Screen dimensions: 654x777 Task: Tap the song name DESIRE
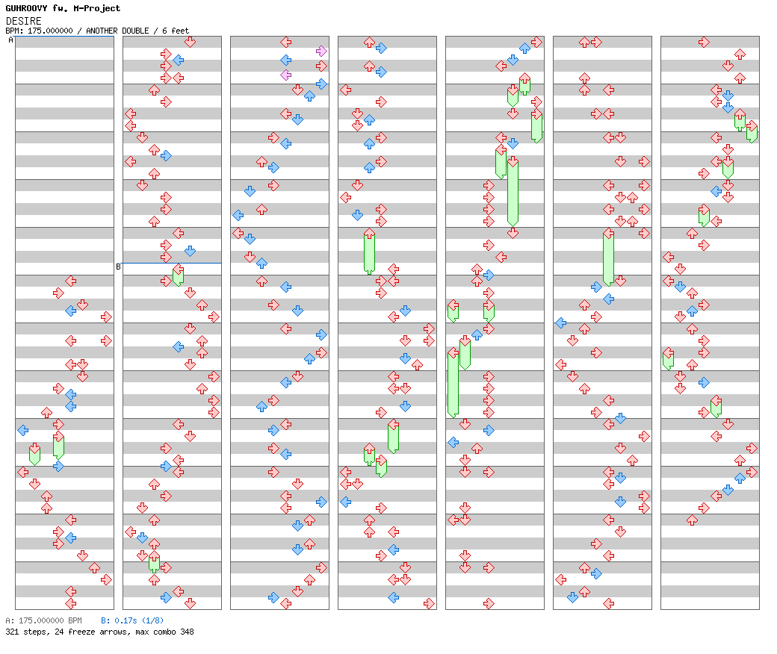[x=24, y=21]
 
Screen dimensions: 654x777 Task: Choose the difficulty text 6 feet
[x=173, y=31]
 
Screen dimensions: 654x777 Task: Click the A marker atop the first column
[x=10, y=40]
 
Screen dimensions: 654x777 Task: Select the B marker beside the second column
[x=118, y=267]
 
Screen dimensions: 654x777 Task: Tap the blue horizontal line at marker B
[x=172, y=263]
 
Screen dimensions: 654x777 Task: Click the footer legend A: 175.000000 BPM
[x=43, y=620]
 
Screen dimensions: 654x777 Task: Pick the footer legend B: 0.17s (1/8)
[x=132, y=620]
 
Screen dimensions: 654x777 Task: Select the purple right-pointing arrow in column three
[x=321, y=51]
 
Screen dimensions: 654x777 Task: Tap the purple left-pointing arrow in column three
[x=285, y=75]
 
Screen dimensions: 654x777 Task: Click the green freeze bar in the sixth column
[x=608, y=258]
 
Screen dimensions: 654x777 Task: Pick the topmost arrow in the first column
[x=70, y=281]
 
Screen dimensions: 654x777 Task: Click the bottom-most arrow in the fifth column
[x=489, y=603]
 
